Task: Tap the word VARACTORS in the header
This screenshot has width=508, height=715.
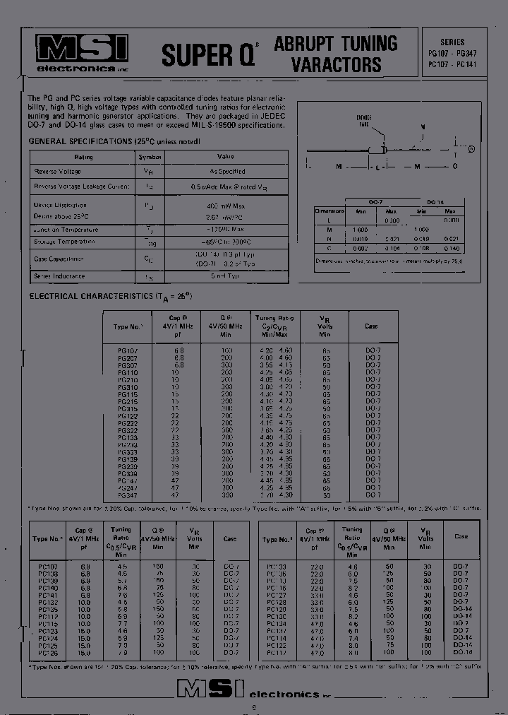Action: [x=337, y=66]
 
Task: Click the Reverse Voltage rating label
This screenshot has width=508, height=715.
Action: [x=58, y=172]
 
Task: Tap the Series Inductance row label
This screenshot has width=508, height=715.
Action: [x=59, y=276]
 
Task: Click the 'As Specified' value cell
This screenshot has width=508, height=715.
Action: [x=226, y=172]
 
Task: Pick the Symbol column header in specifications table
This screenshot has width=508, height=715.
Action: [x=150, y=157]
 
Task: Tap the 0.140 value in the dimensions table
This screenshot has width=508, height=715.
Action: [x=452, y=249]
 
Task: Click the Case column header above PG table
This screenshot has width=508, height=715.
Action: [x=371, y=326]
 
